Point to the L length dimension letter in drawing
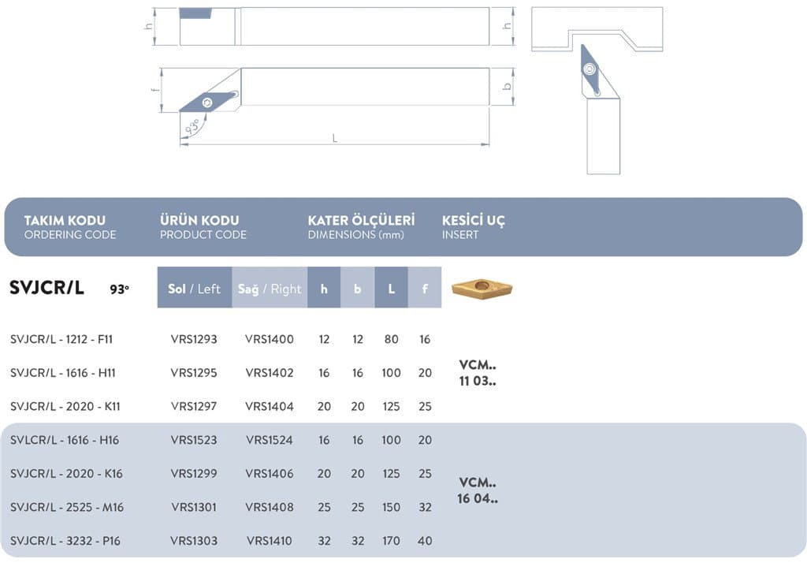coord(334,138)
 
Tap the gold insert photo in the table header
coord(482,288)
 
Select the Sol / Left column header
coord(194,289)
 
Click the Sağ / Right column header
coord(270,289)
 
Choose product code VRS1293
coord(194,339)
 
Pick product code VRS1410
coord(270,541)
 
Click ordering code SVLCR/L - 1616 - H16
coord(65,440)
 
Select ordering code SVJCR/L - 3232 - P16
coord(65,541)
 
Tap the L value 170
coord(391,541)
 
